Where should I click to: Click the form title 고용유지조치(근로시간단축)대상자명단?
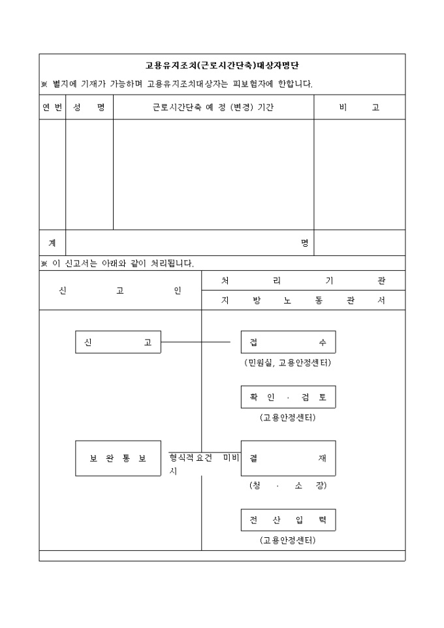coord(222,66)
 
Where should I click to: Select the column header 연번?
coord(52,108)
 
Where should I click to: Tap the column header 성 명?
coord(89,108)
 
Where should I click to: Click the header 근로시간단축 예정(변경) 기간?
coord(213,108)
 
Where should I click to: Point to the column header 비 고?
coord(359,108)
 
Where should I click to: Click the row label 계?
coord(52,243)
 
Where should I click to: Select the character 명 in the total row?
coord(304,243)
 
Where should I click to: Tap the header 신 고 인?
coord(120,291)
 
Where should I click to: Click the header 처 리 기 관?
coord(303,281)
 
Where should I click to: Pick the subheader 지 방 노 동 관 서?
coord(303,301)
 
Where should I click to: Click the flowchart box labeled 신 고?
coord(118,342)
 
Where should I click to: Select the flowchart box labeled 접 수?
coord(288,342)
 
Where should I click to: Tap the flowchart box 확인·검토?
coord(288,397)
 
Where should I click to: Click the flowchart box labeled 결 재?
coord(288,458)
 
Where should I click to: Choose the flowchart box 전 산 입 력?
coord(288,520)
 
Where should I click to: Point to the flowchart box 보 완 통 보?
coord(118,458)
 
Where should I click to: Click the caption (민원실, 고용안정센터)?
coord(288,363)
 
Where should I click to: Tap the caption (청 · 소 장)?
coord(288,486)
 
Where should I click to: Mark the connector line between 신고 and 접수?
coord(196,342)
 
